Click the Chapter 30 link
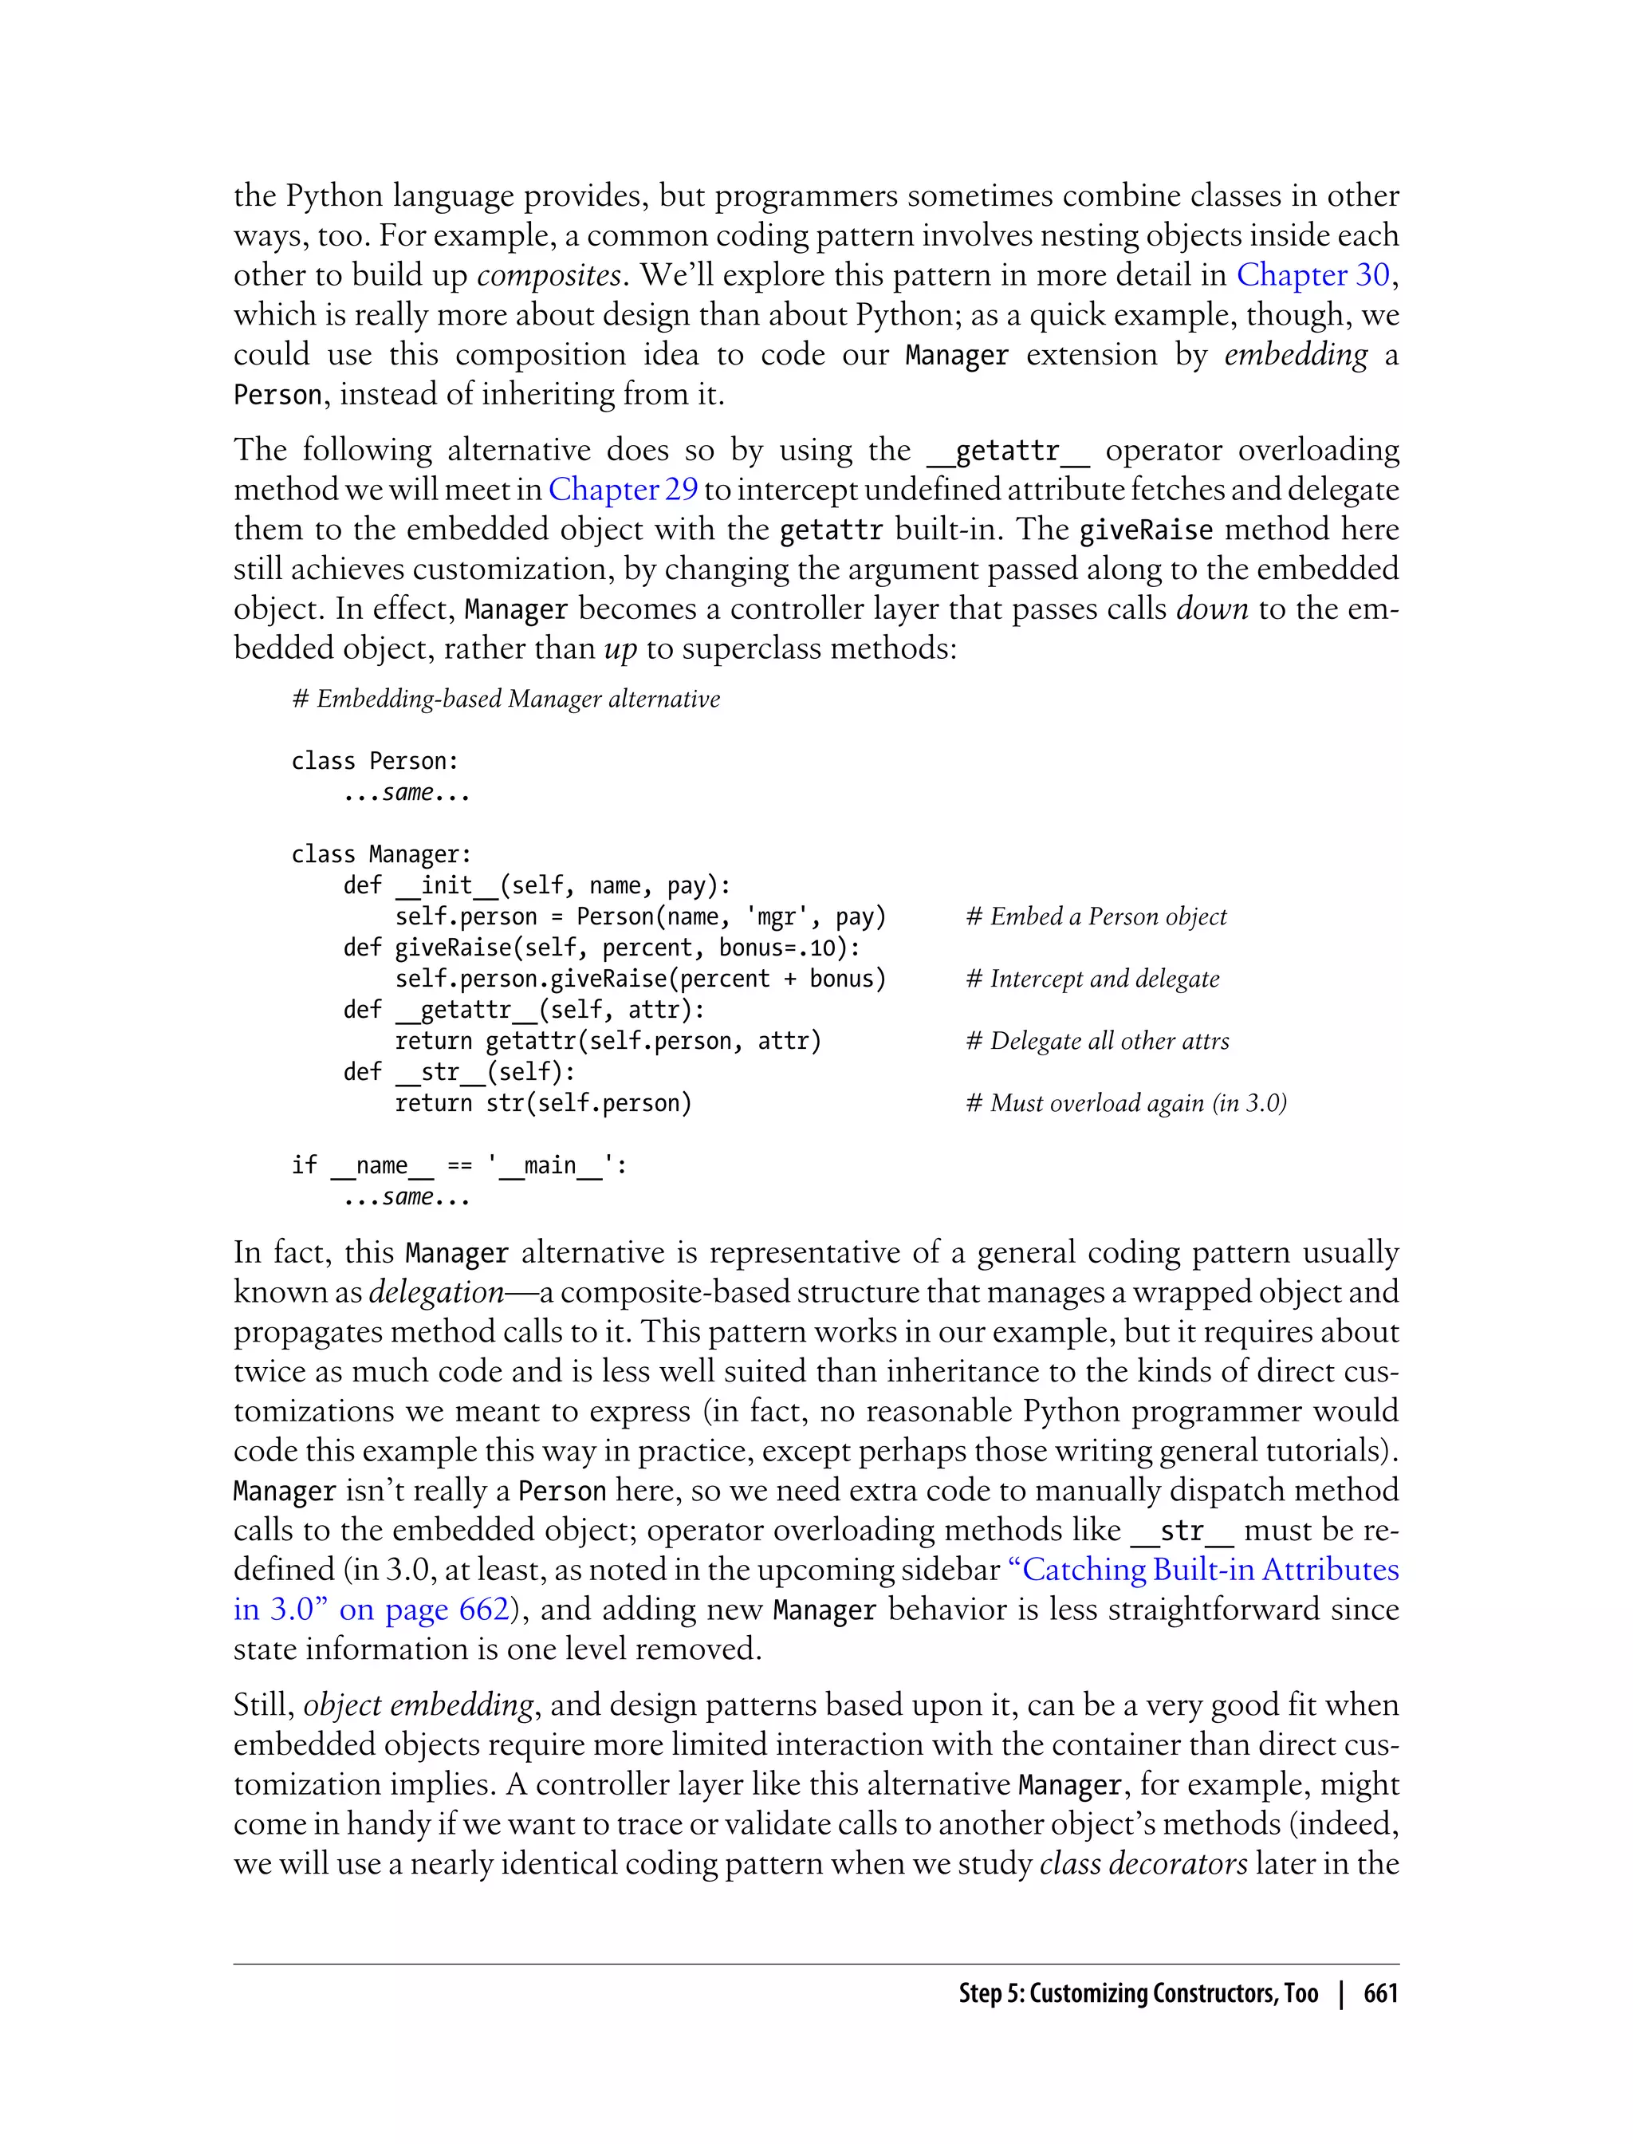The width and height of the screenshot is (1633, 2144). tap(1312, 276)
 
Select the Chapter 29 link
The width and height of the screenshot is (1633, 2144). tap(622, 490)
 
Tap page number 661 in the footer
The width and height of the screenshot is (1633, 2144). tap(1379, 1994)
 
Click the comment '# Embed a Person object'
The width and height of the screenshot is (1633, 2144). tap(1096, 917)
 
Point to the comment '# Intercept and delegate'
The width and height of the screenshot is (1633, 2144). tap(1092, 979)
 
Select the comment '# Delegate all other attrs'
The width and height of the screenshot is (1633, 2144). tap(1097, 1042)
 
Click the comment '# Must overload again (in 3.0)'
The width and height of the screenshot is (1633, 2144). tap(1126, 1104)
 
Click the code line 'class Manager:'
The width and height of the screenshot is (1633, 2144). tap(381, 855)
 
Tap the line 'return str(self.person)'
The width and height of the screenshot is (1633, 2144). tap(542, 1104)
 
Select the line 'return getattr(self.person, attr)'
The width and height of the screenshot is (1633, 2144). tap(608, 1042)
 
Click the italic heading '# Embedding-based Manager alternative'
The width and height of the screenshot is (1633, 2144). tap(506, 699)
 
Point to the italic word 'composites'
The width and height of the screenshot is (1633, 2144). tap(549, 276)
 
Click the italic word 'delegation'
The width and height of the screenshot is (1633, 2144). tap(436, 1293)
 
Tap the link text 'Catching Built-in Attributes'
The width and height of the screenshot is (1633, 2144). tap(1210, 1571)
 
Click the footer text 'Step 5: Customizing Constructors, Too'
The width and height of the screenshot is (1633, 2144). tap(1137, 1994)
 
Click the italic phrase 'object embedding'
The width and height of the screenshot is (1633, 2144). tap(419, 1705)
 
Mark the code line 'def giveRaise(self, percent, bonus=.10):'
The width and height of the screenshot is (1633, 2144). tap(600, 948)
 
